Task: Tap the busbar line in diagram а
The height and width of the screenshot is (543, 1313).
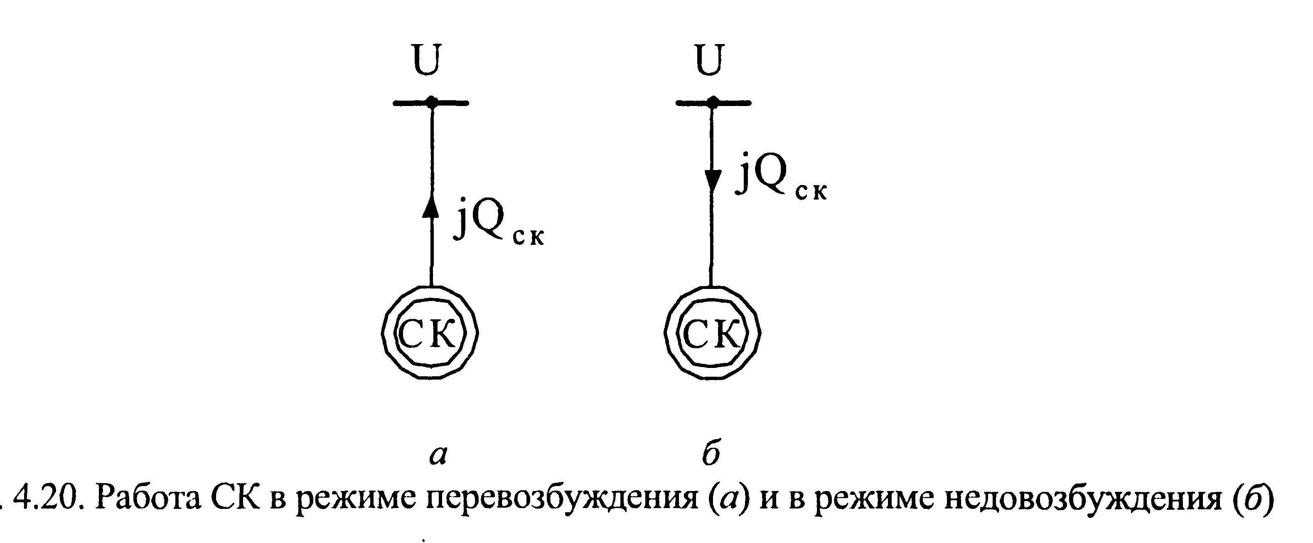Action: point(408,103)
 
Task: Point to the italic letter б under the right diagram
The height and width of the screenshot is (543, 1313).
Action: point(711,453)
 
